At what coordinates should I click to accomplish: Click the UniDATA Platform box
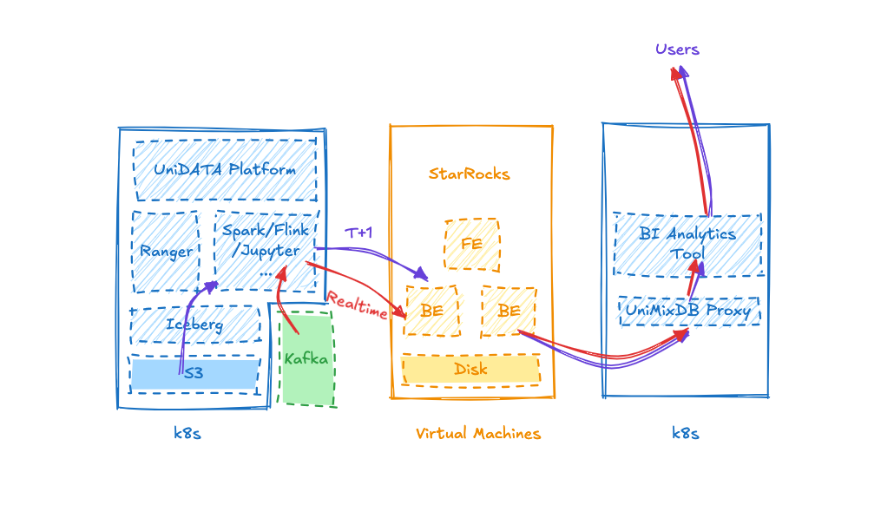pyautogui.click(x=225, y=169)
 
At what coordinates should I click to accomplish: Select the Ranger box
pyautogui.click(x=166, y=252)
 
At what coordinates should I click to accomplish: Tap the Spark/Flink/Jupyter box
pyautogui.click(x=266, y=251)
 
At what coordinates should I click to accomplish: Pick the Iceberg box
pyautogui.click(x=195, y=325)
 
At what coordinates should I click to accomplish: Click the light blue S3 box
pyautogui.click(x=194, y=374)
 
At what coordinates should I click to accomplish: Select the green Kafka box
pyautogui.click(x=306, y=358)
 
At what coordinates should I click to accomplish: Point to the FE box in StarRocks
pyautogui.click(x=472, y=244)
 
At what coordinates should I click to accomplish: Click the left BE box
pyautogui.click(x=431, y=311)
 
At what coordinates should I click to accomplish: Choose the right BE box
pyautogui.click(x=509, y=312)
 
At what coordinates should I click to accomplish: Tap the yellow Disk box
pyautogui.click(x=471, y=370)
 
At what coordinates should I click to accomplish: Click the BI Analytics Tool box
pyautogui.click(x=687, y=245)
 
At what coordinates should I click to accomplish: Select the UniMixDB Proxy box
pyautogui.click(x=689, y=311)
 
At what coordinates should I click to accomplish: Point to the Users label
pyautogui.click(x=677, y=49)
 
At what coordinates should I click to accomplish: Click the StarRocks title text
pyautogui.click(x=470, y=174)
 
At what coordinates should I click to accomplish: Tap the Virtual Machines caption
pyautogui.click(x=477, y=434)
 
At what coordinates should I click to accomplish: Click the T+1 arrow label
pyautogui.click(x=358, y=233)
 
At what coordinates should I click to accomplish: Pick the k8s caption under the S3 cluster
pyautogui.click(x=187, y=434)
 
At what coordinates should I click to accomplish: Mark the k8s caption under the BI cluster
pyautogui.click(x=686, y=434)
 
